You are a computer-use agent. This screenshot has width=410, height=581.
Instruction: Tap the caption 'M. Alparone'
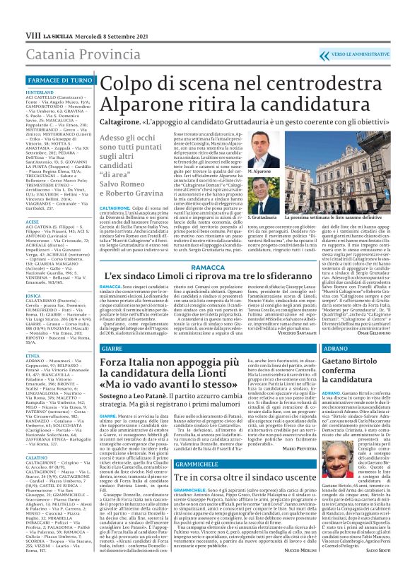pos(259,172)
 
